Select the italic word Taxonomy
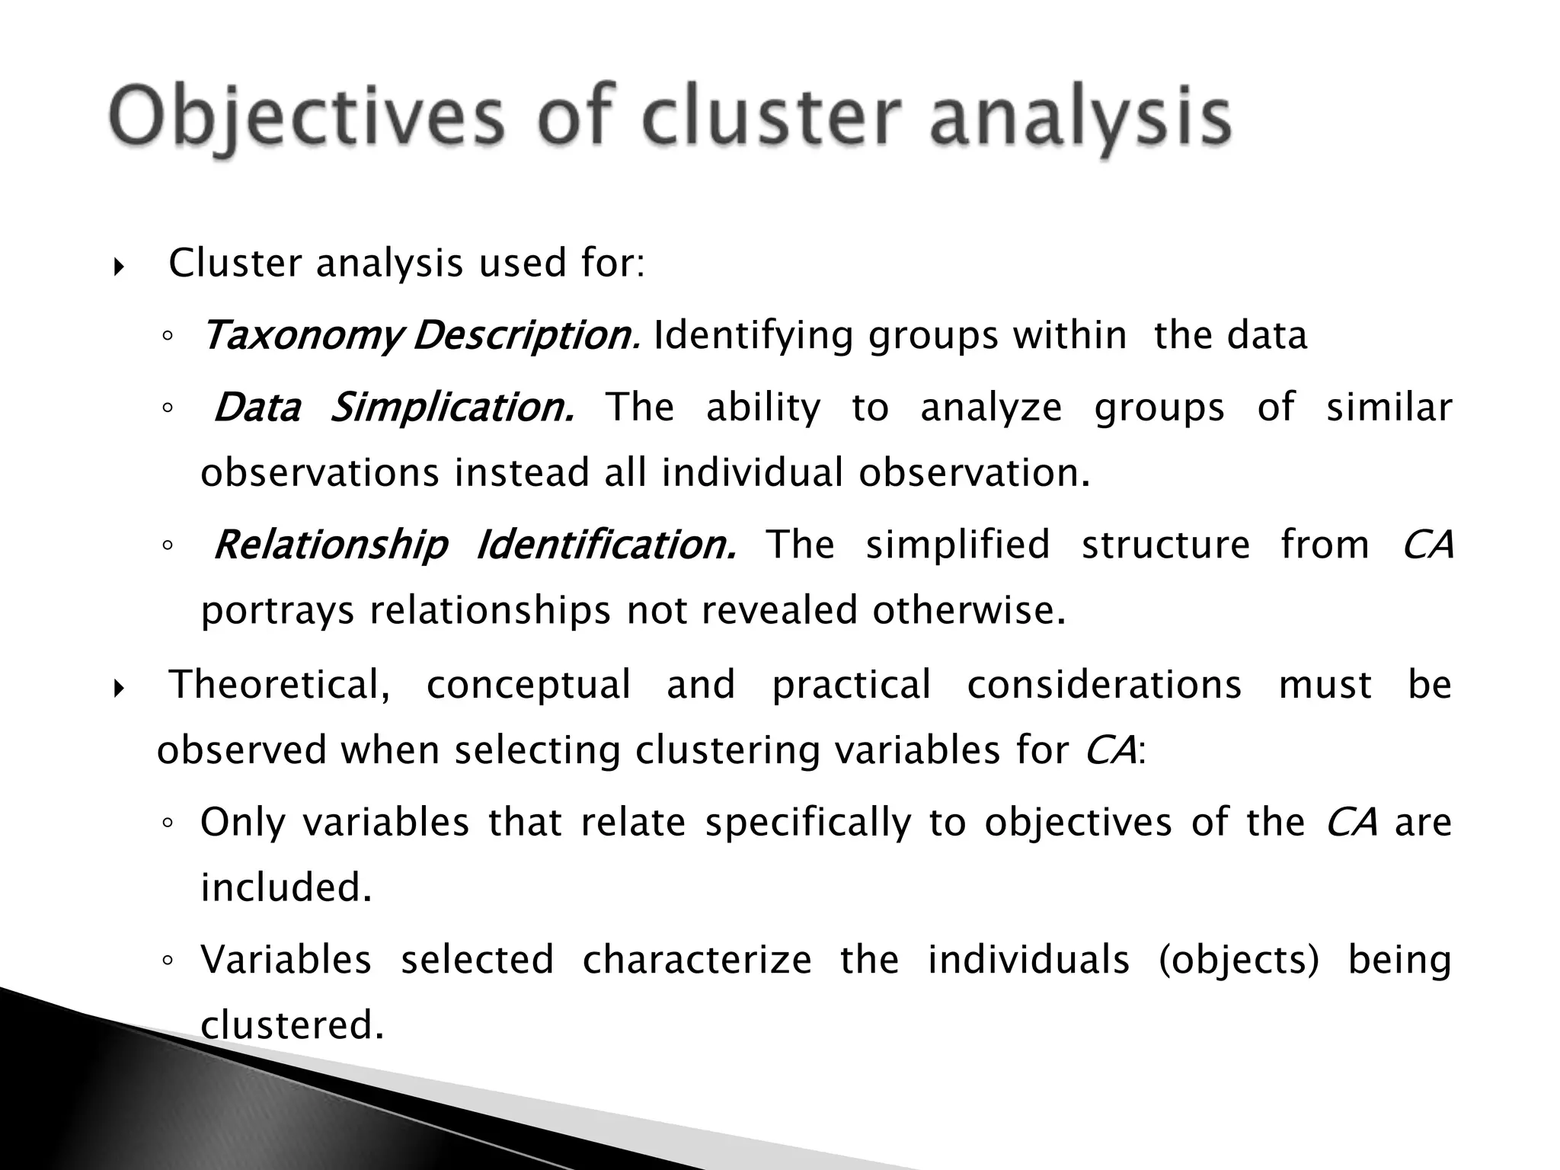(301, 336)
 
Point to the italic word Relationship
(331, 545)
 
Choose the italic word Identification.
(606, 545)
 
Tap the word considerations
(1104, 685)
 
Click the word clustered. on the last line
(292, 1025)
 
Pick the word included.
(286, 887)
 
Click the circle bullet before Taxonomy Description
(168, 337)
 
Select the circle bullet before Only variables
(168, 823)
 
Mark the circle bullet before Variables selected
(168, 961)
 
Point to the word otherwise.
(968, 610)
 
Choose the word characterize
(697, 959)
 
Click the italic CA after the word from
(1427, 545)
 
